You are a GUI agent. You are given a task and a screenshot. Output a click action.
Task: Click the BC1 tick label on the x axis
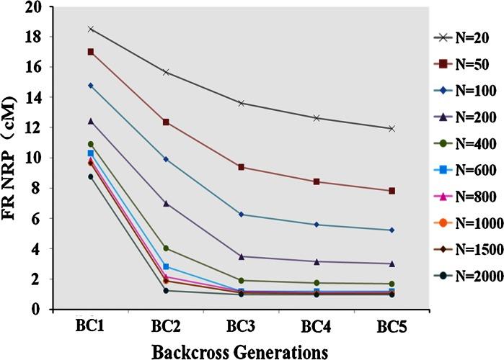coord(90,325)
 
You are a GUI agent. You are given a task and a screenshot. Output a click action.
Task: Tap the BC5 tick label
coord(392,325)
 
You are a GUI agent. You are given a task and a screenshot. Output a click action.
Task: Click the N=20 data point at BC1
coord(91,29)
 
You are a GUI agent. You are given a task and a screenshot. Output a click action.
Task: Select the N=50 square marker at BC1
coord(91,52)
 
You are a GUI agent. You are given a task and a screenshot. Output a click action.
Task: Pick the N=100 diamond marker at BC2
coord(167,159)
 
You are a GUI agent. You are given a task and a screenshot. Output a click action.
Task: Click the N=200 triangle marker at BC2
coord(167,203)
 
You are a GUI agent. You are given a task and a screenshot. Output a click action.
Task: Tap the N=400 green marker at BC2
coord(167,248)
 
